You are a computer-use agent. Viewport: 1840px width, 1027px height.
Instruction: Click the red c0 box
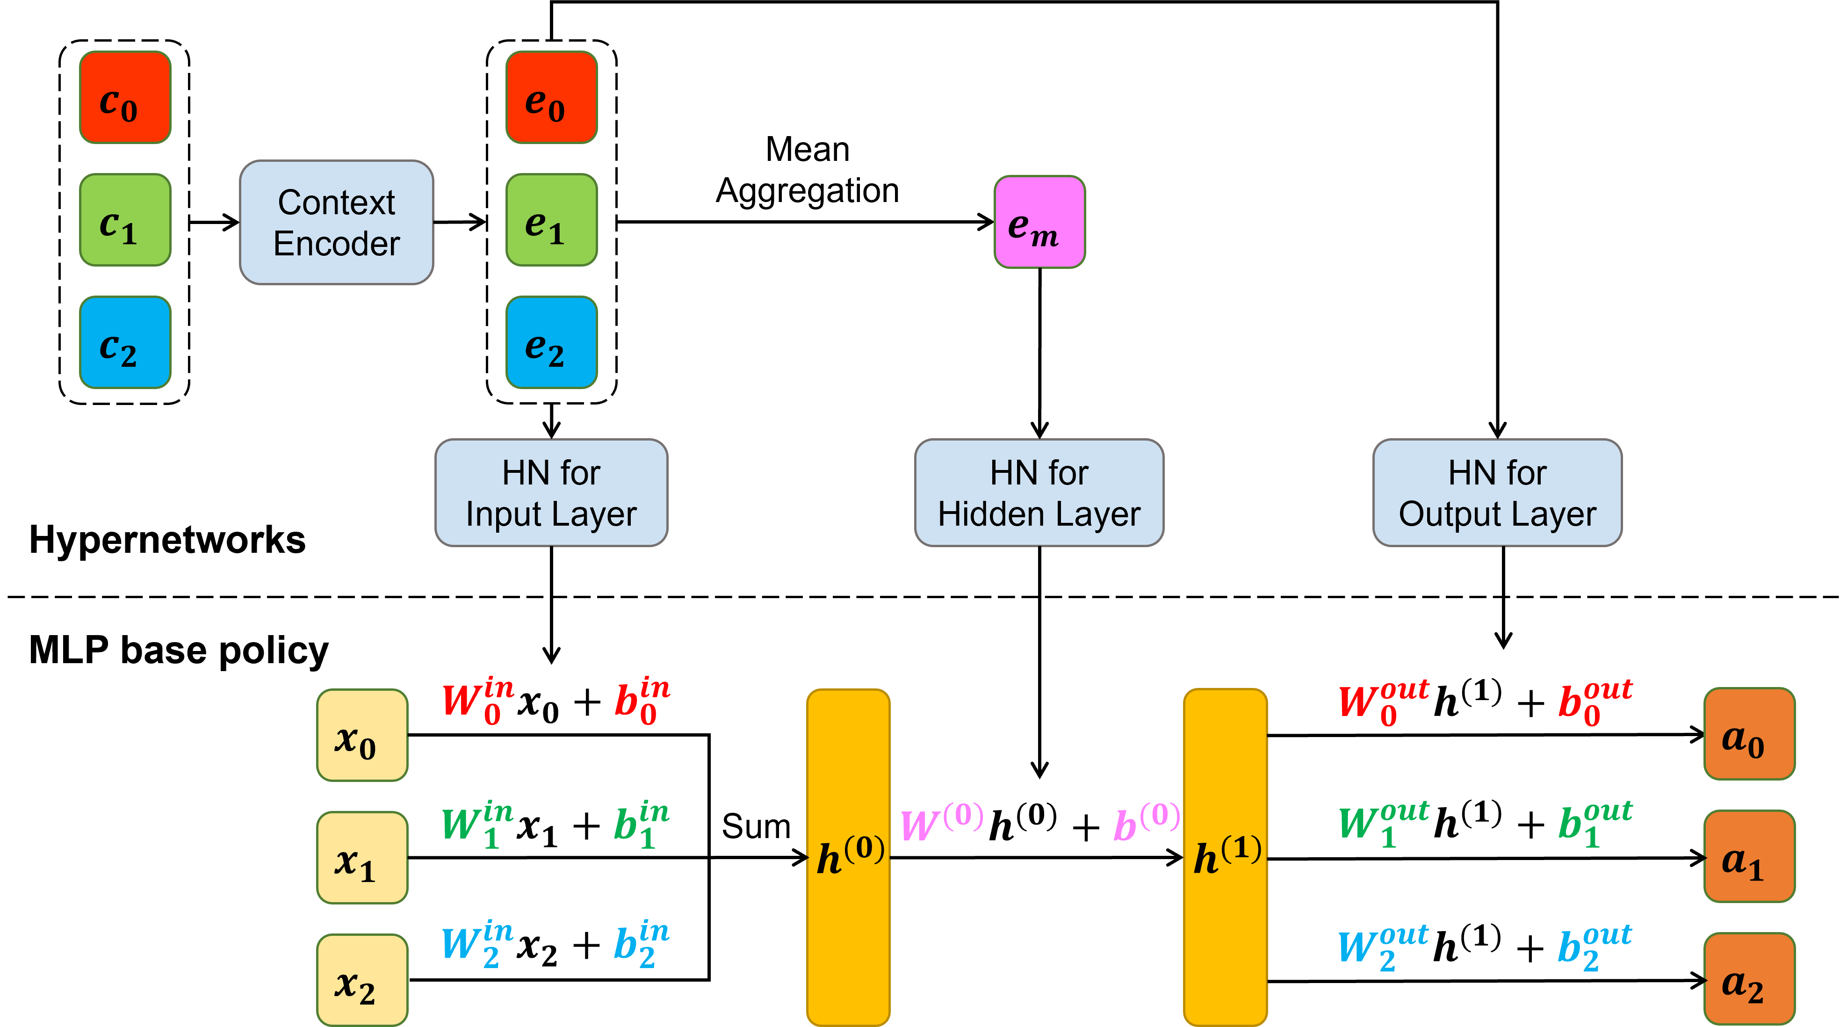[x=125, y=97]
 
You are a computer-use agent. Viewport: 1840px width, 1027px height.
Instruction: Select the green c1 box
[x=125, y=220]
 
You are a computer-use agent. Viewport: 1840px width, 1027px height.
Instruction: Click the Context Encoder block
[x=336, y=222]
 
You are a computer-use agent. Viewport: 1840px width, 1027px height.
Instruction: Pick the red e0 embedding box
[x=551, y=97]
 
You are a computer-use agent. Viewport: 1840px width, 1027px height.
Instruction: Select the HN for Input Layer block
[x=551, y=493]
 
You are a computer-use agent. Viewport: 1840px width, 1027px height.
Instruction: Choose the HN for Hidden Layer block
[x=1039, y=493]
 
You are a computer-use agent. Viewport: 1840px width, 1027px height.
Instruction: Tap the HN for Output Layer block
[x=1497, y=493]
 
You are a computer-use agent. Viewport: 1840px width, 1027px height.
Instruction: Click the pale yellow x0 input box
[x=362, y=735]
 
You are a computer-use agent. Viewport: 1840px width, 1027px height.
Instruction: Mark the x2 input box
[x=362, y=980]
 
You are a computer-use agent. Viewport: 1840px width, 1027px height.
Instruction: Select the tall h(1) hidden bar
[x=1225, y=857]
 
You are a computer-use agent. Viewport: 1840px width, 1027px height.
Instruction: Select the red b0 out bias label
[x=1595, y=702]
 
